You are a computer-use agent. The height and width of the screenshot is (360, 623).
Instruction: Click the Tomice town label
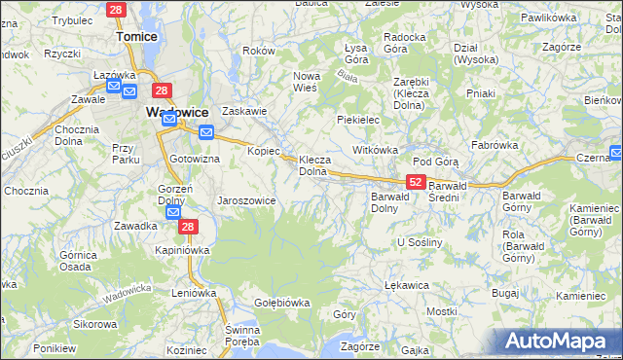[137, 36]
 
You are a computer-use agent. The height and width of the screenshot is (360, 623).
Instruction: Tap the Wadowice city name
[179, 112]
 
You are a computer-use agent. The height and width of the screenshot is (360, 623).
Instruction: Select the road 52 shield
[416, 182]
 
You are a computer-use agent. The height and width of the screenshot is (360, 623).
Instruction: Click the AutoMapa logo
[561, 341]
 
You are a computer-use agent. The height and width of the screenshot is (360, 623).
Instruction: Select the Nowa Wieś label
[308, 81]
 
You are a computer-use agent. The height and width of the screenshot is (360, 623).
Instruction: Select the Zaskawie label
[244, 111]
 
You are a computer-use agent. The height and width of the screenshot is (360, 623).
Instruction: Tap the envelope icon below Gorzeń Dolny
[173, 213]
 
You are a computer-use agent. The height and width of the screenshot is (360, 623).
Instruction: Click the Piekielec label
[357, 119]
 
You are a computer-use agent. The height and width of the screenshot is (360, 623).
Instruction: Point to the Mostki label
[442, 311]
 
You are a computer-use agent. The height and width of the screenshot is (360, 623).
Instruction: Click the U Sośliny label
[420, 241]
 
